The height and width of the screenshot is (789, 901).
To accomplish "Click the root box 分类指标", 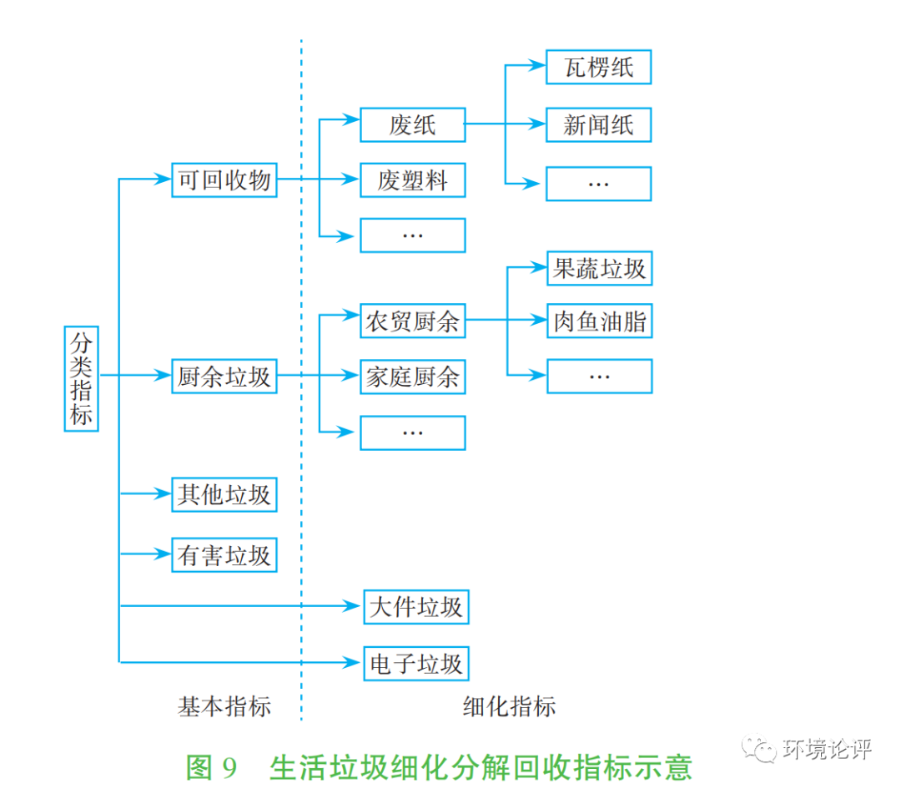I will coord(81,378).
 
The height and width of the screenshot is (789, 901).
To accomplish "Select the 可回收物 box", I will coord(224,180).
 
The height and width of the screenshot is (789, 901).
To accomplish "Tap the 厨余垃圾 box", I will coord(224,377).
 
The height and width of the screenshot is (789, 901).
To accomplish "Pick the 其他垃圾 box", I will coord(224,494).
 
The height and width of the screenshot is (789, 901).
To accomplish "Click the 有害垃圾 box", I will coord(224,554).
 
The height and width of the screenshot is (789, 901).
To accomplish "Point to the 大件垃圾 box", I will coord(415,606).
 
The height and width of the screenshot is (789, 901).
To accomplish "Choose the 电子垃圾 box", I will coord(415,664).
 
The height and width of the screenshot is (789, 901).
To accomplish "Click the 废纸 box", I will coord(412,124).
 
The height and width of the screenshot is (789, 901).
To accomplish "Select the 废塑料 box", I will coord(412,180).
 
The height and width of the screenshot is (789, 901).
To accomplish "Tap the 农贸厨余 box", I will coord(412,321).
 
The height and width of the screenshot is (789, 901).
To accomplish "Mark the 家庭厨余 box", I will coord(412,377).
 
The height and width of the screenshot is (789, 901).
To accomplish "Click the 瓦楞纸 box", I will coord(598,67).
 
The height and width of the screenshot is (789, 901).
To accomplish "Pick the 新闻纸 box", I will coord(598,124).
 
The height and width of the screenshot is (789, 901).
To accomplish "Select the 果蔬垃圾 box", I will coord(599,268).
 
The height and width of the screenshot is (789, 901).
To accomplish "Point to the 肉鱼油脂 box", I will coord(599,321).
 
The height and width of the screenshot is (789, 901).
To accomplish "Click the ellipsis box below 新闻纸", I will coord(598,183).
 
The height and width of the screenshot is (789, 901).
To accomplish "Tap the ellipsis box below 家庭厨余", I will coord(412,432).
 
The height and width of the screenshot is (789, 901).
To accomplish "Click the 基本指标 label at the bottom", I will coord(224,706).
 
